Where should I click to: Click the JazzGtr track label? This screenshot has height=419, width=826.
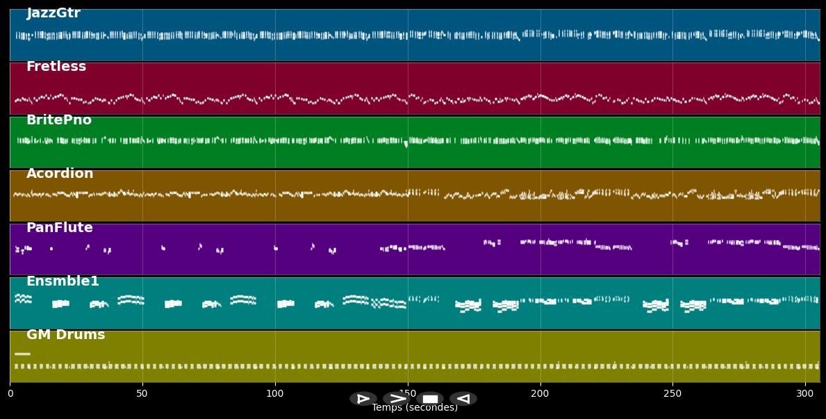click(53, 13)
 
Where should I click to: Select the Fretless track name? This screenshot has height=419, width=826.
click(56, 67)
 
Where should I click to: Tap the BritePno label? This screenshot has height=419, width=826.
click(59, 120)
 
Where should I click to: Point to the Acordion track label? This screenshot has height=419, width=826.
click(60, 174)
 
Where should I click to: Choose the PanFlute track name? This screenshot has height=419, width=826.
click(60, 228)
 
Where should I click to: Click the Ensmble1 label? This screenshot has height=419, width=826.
click(63, 281)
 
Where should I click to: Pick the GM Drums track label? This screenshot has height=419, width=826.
click(66, 335)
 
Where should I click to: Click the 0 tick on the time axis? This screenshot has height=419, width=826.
click(10, 394)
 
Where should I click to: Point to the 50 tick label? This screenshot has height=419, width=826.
click(142, 394)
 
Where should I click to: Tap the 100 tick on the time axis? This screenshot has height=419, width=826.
click(275, 394)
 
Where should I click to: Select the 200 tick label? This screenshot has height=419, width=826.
click(540, 394)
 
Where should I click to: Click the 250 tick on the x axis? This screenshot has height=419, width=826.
click(672, 394)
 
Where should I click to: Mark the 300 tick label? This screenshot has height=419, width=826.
click(805, 394)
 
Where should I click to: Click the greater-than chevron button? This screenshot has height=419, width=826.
click(396, 399)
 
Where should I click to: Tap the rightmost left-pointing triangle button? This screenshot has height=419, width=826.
click(463, 399)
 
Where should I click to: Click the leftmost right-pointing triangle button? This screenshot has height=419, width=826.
click(363, 399)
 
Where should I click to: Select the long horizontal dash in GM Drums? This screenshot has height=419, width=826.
click(22, 354)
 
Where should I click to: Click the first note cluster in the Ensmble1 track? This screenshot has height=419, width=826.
click(23, 299)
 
